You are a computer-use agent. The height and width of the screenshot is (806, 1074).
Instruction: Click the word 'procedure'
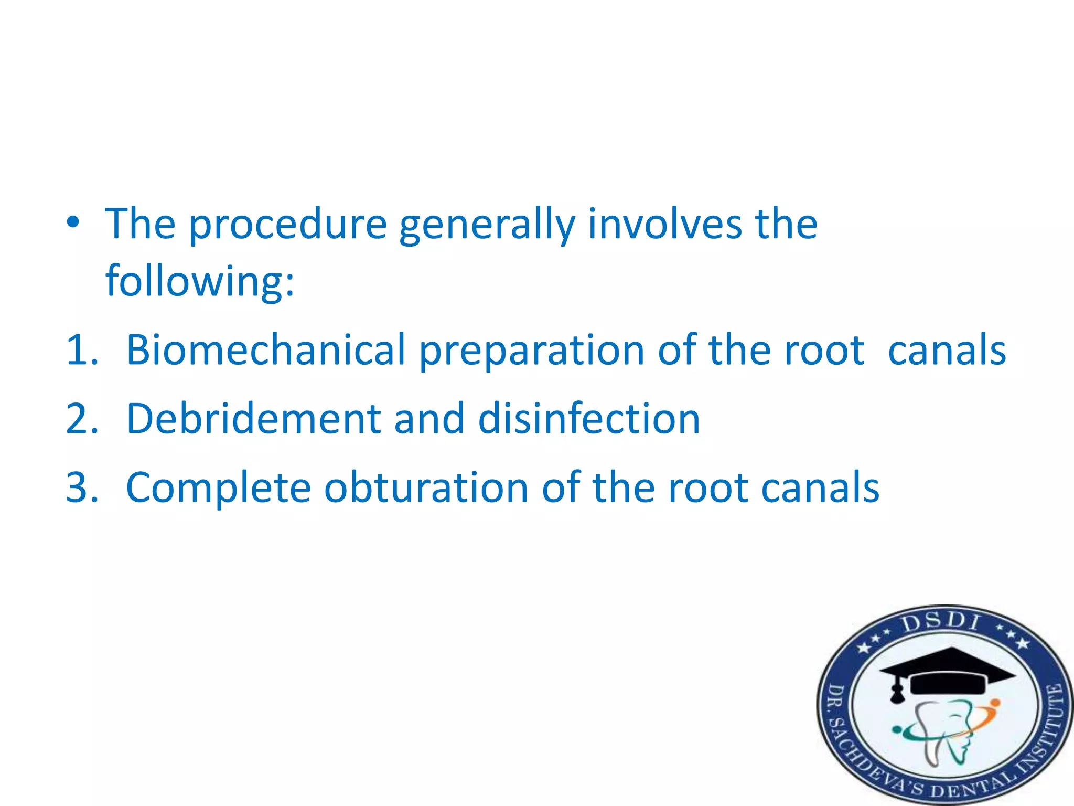[287, 225]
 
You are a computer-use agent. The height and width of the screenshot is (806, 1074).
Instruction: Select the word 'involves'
[664, 224]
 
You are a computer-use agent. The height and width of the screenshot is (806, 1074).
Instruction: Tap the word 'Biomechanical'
[266, 350]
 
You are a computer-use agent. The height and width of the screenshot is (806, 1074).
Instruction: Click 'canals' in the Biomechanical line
[947, 350]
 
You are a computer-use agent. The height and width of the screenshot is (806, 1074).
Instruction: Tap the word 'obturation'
[426, 488]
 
